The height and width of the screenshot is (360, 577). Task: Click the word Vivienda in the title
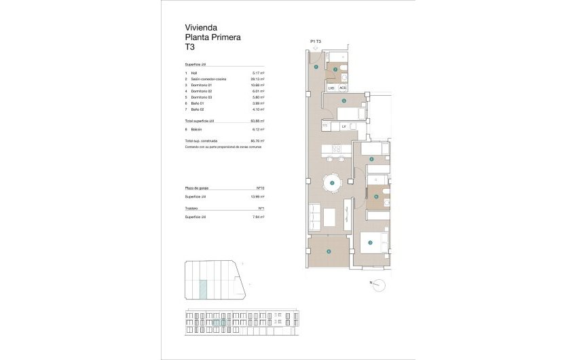coord(200,28)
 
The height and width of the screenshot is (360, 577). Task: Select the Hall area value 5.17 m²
coord(258,73)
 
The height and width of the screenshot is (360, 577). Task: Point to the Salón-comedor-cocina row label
coord(208,79)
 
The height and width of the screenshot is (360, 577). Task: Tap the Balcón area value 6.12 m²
coord(258,128)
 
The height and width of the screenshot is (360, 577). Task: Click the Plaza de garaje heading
coord(197,188)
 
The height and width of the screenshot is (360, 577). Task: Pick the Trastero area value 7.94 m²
coord(258,217)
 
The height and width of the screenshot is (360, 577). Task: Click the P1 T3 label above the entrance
coord(316,42)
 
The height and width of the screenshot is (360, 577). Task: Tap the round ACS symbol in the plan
coord(342,88)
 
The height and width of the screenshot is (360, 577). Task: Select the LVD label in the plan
coord(331,88)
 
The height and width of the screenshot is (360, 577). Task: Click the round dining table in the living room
coord(331,183)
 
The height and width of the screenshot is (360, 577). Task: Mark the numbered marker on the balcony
coord(329,251)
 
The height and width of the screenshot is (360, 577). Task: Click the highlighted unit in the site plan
coord(204,290)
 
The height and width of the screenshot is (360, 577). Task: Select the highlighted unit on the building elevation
coord(218,323)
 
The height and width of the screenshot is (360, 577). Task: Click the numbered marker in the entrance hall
coord(316,66)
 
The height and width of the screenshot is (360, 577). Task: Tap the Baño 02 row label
coord(197,109)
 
